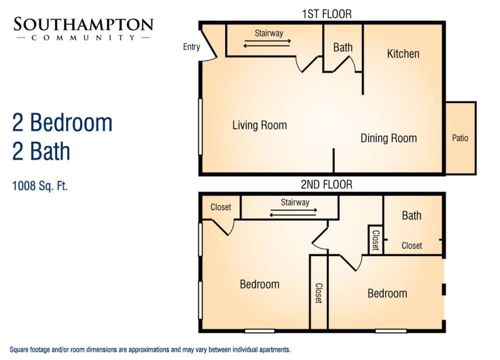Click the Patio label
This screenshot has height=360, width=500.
coord(460,138)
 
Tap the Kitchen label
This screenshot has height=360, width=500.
coord(403,54)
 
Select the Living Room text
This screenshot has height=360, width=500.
coord(260,125)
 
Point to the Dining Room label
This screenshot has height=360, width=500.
coord(389,138)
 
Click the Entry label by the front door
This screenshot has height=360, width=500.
coord(191,47)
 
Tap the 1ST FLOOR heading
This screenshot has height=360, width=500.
coord(327,14)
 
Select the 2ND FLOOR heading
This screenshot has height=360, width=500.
coord(327,185)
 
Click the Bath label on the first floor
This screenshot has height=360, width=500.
coord(343,47)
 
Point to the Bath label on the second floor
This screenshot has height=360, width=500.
coord(412,215)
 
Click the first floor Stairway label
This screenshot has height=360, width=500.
coord(269,33)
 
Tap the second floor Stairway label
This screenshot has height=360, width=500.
coord(295,202)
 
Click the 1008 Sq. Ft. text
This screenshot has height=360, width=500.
coord(40,186)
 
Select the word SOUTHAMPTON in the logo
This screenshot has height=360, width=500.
coord(83,24)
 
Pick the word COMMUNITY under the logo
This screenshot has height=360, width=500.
coord(83,38)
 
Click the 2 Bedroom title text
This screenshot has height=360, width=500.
coord(62,122)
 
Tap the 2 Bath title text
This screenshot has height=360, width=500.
coord(41,151)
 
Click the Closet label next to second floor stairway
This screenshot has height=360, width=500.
coord(221,207)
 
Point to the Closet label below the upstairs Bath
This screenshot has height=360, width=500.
coord(412,246)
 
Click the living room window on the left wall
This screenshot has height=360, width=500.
coord(200,127)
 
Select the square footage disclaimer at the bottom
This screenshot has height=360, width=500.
coord(150,350)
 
